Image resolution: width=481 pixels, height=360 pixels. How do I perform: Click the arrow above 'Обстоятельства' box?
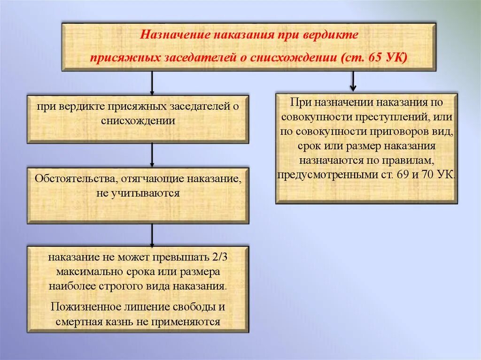[x=152, y=155]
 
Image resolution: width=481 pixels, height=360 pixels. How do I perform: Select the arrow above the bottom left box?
[x=152, y=235]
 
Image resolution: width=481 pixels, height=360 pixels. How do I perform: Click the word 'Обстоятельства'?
[x=76, y=179]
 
